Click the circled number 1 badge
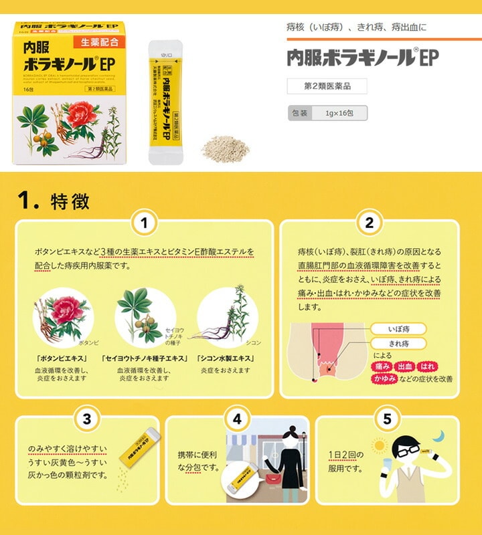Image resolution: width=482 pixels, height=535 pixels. coord(145,222)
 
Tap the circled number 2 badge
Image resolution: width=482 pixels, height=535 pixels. coord(369,222)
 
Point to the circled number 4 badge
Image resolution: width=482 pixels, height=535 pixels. coord(236,419)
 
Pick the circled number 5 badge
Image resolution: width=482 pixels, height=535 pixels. coord(387,419)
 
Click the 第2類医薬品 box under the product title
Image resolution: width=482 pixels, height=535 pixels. coord(327,86)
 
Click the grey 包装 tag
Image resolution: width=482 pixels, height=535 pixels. coord(299,113)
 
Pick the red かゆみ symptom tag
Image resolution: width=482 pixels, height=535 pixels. coord(384,379)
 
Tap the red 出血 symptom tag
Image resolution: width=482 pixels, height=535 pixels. coord(405,366)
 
